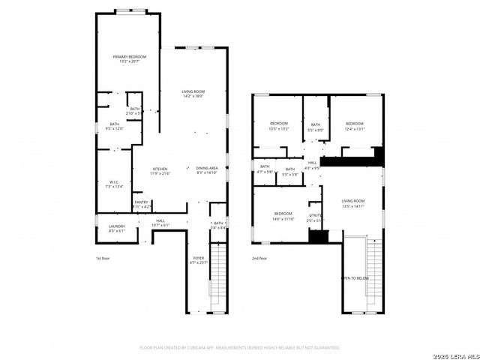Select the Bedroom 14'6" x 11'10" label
click(x=282, y=215)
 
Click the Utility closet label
click(x=315, y=217)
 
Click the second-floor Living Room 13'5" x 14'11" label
click(x=352, y=203)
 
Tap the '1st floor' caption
click(x=103, y=259)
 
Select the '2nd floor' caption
click(x=259, y=259)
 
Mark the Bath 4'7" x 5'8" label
click(x=265, y=169)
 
